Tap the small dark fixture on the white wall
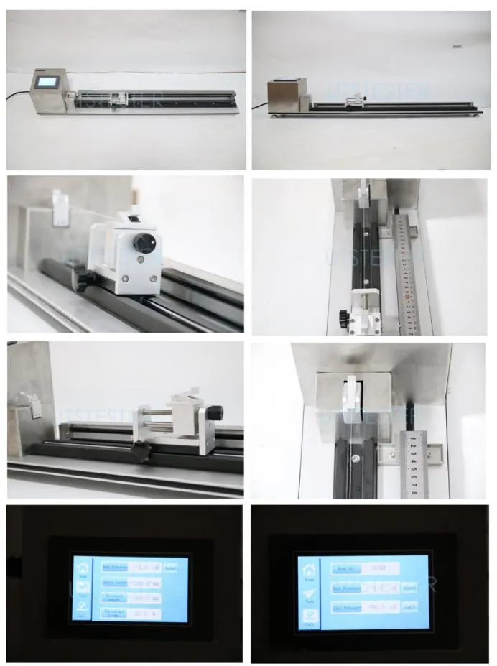click(x=457, y=46)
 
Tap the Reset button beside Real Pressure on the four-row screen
click(x=171, y=567)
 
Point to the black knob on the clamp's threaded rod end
click(x=215, y=413)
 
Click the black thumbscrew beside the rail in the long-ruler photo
click(x=343, y=315)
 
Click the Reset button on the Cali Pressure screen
click(x=409, y=587)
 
